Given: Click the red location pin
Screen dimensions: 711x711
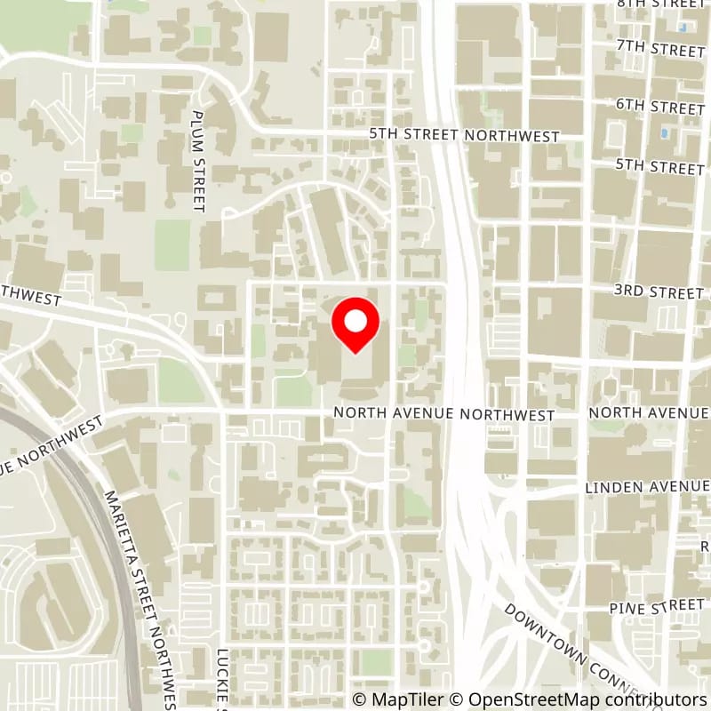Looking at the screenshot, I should (x=355, y=324).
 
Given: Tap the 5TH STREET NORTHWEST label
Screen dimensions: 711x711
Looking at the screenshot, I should (x=465, y=136).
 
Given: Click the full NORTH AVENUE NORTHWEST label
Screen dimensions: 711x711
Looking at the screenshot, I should (x=444, y=415).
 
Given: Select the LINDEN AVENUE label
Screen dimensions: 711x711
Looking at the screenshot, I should (x=647, y=487).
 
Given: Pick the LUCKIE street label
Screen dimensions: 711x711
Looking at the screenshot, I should (x=224, y=675).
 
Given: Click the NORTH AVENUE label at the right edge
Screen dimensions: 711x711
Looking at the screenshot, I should (x=649, y=413).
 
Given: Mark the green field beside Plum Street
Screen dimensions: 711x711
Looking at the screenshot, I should (x=172, y=244).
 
